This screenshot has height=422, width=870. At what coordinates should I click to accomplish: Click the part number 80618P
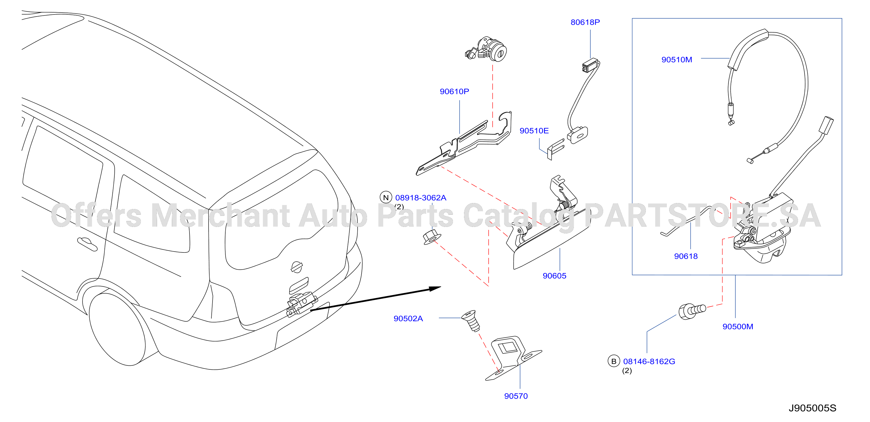tap(585, 22)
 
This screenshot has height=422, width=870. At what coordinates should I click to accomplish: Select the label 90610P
tap(454, 92)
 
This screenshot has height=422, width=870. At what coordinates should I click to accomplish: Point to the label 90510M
tap(677, 60)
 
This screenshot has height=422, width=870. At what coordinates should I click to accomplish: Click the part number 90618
tap(686, 256)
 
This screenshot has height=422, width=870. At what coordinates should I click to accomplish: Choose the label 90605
tap(554, 276)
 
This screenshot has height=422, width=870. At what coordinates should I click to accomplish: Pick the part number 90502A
tap(408, 319)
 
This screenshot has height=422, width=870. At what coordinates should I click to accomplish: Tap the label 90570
tap(516, 396)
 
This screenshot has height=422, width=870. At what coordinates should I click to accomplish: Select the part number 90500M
tap(738, 327)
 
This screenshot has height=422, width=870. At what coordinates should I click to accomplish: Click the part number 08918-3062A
tap(420, 198)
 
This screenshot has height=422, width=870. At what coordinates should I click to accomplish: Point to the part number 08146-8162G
tap(649, 361)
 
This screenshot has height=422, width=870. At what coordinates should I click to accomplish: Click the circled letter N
tap(386, 198)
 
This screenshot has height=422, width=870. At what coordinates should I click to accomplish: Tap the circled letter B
tap(614, 361)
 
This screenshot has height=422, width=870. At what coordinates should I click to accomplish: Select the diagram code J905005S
tap(812, 408)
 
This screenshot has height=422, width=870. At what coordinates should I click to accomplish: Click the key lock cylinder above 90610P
tap(486, 49)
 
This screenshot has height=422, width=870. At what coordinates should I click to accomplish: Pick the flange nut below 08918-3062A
tap(432, 237)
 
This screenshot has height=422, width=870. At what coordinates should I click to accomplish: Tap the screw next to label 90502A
tap(471, 321)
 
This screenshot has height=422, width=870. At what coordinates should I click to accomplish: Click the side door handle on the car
tap(87, 244)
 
